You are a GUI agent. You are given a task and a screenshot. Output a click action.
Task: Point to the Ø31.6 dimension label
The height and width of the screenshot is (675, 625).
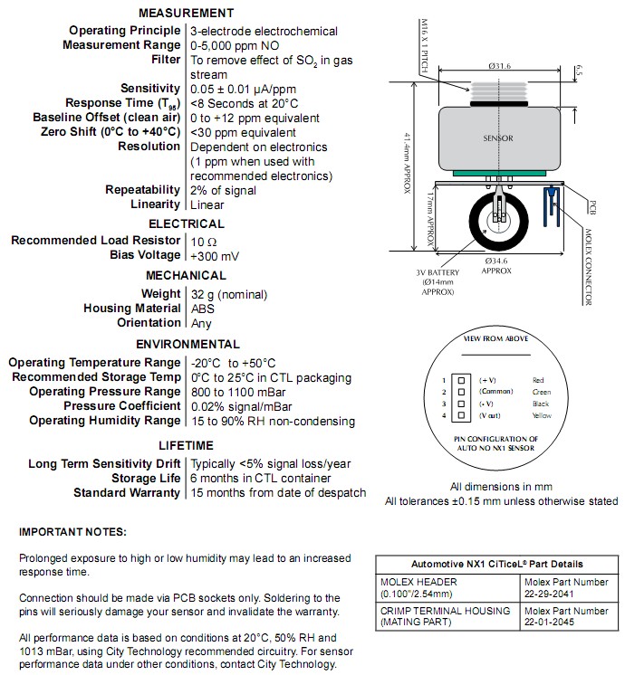[500, 64]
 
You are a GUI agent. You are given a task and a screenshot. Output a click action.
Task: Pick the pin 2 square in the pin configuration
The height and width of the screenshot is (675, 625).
[461, 392]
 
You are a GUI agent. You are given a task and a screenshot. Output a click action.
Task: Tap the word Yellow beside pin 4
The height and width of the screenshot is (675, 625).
[542, 415]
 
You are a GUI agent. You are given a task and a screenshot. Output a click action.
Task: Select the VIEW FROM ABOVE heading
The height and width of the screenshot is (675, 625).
[496, 337]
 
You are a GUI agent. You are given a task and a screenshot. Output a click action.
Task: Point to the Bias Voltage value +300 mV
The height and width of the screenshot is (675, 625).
[216, 255]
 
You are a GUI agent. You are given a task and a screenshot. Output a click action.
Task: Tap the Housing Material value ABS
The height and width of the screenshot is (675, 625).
[203, 308]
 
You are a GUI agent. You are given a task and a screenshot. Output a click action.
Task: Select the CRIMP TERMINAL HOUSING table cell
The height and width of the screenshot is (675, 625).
[445, 616]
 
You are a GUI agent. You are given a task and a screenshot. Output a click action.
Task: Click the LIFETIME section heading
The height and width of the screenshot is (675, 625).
[187, 445]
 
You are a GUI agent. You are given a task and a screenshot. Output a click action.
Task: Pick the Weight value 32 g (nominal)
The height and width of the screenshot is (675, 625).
[229, 293]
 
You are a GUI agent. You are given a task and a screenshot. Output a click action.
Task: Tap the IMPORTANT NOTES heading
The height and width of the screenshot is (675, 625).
[73, 531]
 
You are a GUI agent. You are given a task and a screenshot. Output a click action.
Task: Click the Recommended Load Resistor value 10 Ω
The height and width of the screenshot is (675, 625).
[204, 241]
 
